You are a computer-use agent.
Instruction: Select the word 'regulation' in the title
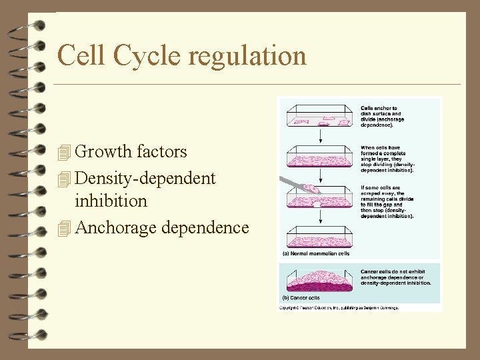(x=247, y=56)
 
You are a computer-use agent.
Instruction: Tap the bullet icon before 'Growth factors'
(x=64, y=153)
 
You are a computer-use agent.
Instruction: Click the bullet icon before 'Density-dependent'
(x=64, y=179)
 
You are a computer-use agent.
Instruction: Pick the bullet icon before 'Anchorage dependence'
(x=64, y=229)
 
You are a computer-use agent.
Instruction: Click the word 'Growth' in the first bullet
(x=104, y=152)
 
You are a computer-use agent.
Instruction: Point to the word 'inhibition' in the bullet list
(x=111, y=201)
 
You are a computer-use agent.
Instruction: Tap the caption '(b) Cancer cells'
(x=301, y=298)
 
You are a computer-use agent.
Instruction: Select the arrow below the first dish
(x=321, y=136)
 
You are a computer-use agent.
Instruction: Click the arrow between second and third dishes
(x=321, y=175)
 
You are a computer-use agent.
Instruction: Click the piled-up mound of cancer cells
(x=320, y=280)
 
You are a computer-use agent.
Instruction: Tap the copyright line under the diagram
(x=339, y=308)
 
